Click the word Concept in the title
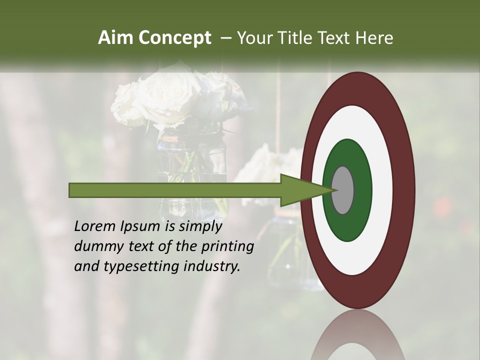[x=174, y=38]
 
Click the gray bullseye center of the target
[x=343, y=190]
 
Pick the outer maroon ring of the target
[x=405, y=190]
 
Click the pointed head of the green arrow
[x=305, y=190]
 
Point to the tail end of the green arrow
[x=72, y=190]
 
